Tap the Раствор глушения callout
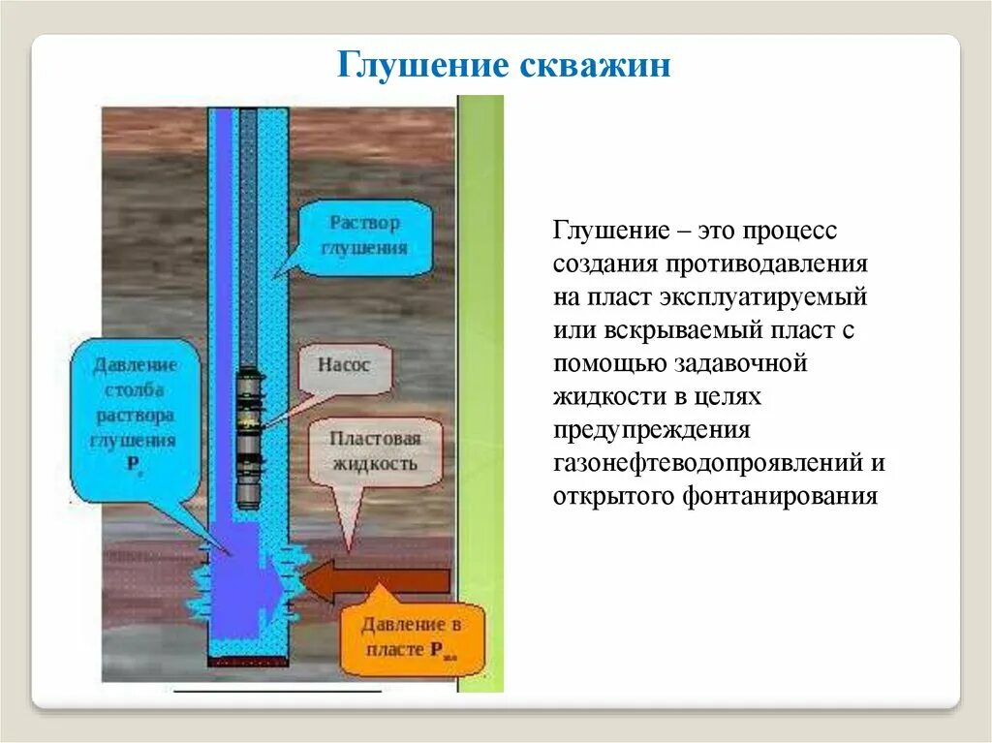click(363, 234)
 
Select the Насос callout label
click(343, 365)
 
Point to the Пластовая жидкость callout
click(375, 450)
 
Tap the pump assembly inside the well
click(250, 436)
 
